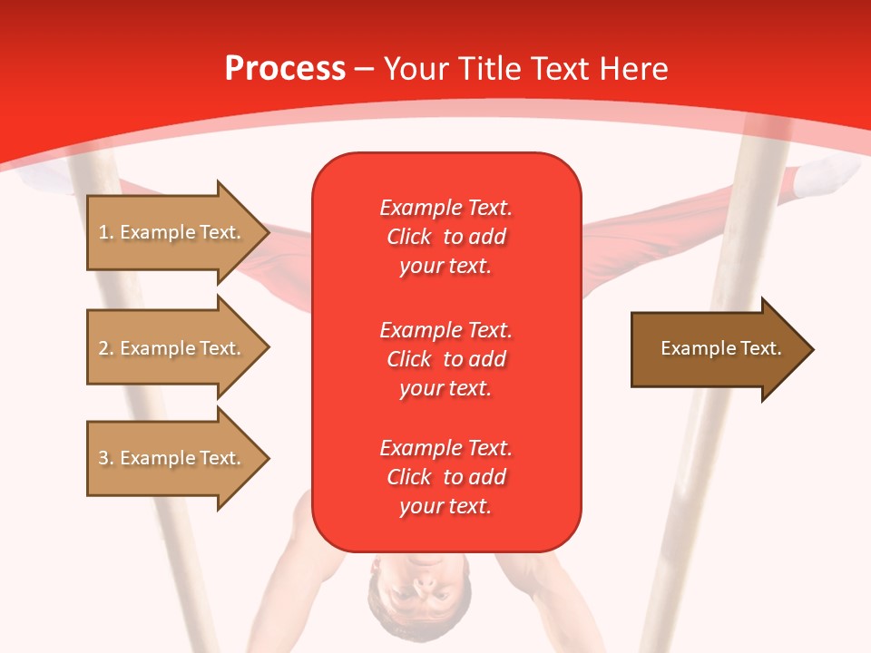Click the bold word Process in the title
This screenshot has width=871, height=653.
pyautogui.click(x=285, y=69)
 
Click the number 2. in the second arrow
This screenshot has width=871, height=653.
pyautogui.click(x=106, y=348)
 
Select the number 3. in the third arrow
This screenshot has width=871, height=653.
pyautogui.click(x=106, y=458)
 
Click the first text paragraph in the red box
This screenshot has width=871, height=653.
pyautogui.click(x=445, y=237)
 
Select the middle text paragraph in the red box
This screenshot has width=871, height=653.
pyautogui.click(x=445, y=359)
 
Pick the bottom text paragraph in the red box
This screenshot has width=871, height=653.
pyautogui.click(x=445, y=477)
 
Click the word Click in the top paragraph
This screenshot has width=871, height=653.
pyautogui.click(x=409, y=237)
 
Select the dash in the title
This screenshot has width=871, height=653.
pyautogui.click(x=364, y=69)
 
